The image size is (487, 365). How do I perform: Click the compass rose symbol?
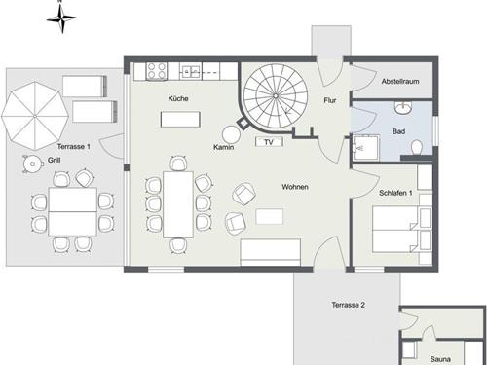coord(61,18)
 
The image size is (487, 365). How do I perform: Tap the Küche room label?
coord(178,98)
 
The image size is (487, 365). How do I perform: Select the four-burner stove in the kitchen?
coord(157,71)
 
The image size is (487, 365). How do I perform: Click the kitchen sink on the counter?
coord(192,71)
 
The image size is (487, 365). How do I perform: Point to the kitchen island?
coord(180,119)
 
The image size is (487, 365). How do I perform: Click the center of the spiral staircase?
coord(276,95)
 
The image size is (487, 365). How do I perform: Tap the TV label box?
coord(269,142)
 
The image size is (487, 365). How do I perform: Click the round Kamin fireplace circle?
coord(231,133)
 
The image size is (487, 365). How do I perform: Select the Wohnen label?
coord(295,187)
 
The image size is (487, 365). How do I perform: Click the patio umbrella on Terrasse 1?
coord(35,116)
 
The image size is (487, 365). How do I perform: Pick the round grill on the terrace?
coord(32,164)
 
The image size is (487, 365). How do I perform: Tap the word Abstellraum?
coord(400,81)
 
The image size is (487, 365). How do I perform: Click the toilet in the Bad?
coord(416,148)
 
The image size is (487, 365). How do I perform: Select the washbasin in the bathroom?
coord(403,107)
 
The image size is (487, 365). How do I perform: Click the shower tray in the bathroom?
coord(366,148)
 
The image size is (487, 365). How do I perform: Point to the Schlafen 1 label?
coord(395,193)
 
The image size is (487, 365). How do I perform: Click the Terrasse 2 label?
coord(349,305)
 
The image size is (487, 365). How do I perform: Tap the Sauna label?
coord(440,359)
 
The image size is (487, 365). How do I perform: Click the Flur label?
coord(330,100)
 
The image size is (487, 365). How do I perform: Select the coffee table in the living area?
coord(269,217)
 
